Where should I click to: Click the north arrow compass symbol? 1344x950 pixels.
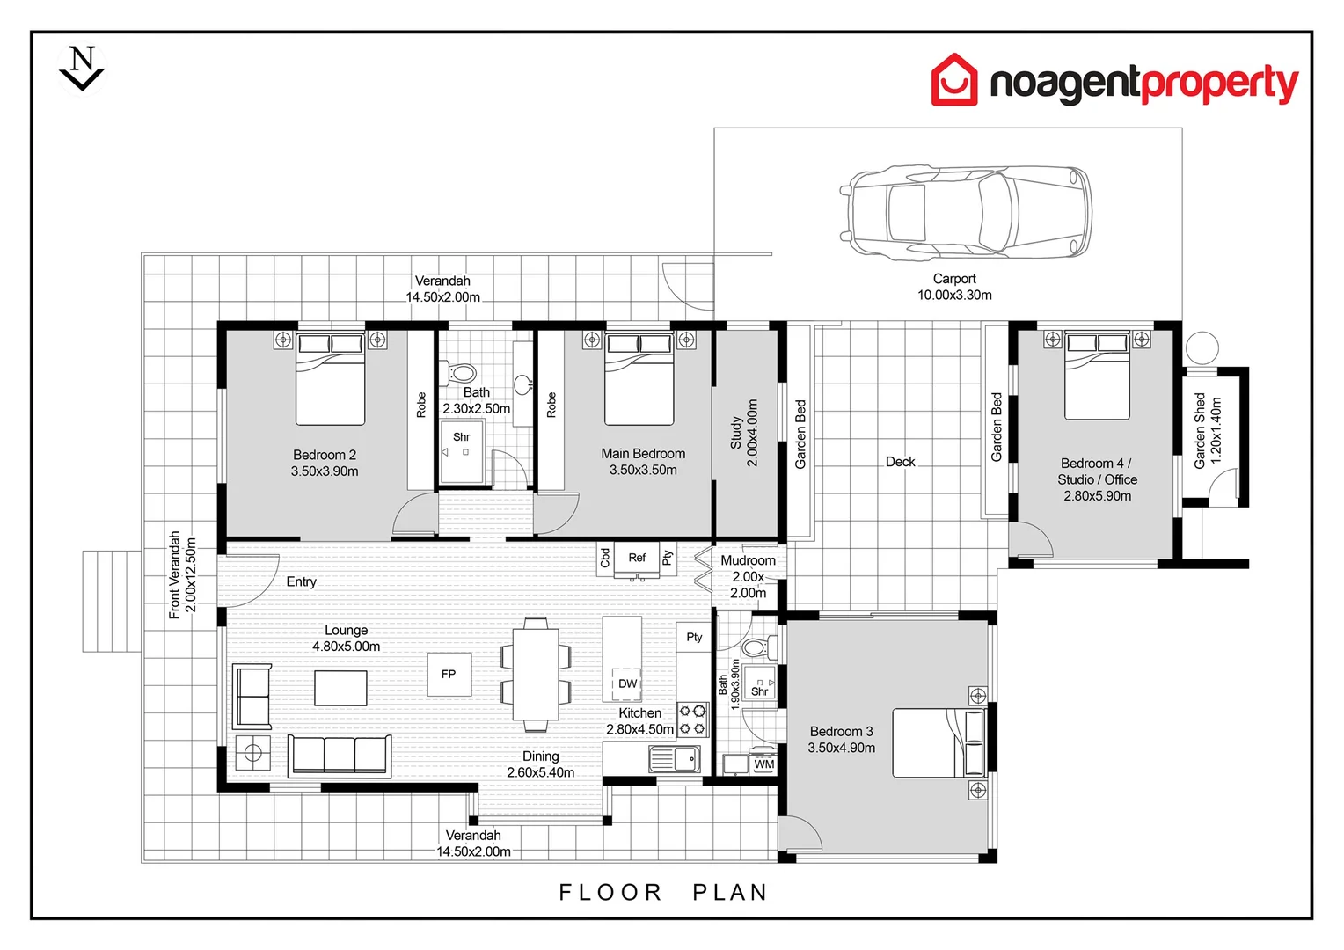pyautogui.click(x=82, y=69)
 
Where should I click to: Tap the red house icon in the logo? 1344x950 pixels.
pyautogui.click(x=953, y=80)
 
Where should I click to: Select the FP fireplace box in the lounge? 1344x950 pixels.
pyautogui.click(x=449, y=675)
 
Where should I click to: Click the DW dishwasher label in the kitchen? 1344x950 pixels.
pyautogui.click(x=627, y=683)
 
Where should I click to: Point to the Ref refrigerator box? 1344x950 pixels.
pyautogui.click(x=637, y=559)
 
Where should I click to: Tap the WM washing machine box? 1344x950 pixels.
pyautogui.click(x=763, y=764)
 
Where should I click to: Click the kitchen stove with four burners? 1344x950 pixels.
pyautogui.click(x=692, y=720)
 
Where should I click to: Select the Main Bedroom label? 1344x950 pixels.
pyautogui.click(x=643, y=454)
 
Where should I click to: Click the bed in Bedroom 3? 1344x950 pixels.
pyautogui.click(x=938, y=743)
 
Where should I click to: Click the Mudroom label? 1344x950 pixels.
pyautogui.click(x=748, y=560)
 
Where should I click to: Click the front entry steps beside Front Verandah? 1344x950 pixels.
pyautogui.click(x=112, y=602)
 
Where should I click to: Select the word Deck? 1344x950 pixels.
pyautogui.click(x=900, y=462)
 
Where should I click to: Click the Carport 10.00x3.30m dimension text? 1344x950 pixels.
pyautogui.click(x=954, y=296)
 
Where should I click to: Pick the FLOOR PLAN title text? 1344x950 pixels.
pyautogui.click(x=663, y=893)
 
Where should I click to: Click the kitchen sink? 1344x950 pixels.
pyautogui.click(x=674, y=758)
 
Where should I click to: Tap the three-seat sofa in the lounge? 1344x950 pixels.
pyautogui.click(x=340, y=755)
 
